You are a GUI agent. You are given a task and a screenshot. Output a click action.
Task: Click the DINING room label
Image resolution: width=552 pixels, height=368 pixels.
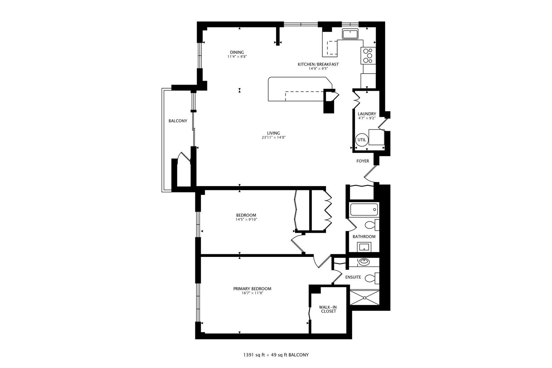point(237,52)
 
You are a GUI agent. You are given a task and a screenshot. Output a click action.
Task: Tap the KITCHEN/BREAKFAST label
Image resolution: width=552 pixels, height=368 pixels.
point(318,64)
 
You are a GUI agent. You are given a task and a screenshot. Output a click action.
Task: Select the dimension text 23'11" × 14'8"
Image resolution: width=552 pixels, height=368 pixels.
point(273,138)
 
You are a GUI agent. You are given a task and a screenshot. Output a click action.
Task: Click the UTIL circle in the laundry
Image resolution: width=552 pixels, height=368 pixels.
point(361,140)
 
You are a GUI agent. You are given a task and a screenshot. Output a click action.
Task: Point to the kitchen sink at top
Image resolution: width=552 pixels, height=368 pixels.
point(350,34)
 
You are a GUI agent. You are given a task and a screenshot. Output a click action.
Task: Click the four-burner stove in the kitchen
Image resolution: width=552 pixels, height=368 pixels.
point(368,56)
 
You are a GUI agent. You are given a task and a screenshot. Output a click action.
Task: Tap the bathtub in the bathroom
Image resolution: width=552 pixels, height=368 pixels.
point(364,210)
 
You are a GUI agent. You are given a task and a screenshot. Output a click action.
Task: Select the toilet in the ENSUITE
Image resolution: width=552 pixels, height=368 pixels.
point(371,278)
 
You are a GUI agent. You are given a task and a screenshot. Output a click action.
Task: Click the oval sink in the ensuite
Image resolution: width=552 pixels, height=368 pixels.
point(364,262)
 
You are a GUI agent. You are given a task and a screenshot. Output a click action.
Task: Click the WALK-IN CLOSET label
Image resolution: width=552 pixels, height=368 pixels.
point(328,309)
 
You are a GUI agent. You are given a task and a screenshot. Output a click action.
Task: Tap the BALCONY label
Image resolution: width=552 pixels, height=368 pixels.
point(178,121)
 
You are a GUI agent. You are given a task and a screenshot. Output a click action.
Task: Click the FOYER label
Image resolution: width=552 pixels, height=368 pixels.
point(363,161)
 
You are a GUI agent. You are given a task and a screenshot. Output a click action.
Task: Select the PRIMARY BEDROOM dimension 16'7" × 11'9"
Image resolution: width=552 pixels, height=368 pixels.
point(252,293)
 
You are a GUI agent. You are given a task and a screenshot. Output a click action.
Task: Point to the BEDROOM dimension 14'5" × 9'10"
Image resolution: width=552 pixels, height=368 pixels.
point(246,219)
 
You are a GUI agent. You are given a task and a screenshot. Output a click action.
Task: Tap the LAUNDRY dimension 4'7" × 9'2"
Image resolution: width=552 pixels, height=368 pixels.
point(367,118)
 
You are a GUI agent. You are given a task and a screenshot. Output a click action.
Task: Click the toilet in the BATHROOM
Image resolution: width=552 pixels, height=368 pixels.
point(371,225)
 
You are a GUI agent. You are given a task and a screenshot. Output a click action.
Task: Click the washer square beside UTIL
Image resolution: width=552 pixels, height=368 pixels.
point(376,137)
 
